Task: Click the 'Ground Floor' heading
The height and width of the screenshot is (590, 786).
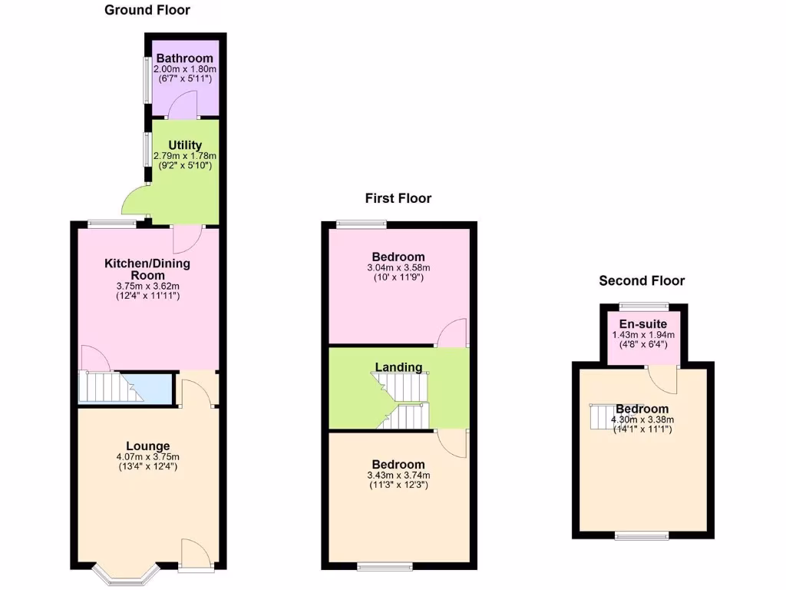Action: (x=147, y=10)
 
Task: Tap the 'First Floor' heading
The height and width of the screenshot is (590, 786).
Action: (x=398, y=198)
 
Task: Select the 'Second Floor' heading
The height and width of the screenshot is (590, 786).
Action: (x=642, y=281)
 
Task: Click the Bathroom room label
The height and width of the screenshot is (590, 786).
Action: (x=184, y=58)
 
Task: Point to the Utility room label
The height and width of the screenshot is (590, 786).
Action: (x=185, y=145)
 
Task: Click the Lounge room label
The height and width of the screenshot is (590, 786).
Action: (x=148, y=446)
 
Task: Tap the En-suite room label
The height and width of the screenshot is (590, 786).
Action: (x=643, y=324)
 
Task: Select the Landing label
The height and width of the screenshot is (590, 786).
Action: (x=398, y=367)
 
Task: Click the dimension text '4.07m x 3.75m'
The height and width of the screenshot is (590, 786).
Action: (x=148, y=457)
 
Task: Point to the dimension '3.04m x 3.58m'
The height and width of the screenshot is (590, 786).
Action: (x=398, y=267)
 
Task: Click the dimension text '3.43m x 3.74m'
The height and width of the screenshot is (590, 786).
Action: (x=398, y=476)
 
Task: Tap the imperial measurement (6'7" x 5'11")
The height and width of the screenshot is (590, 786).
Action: (x=184, y=79)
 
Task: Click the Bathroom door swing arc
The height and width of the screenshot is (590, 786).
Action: (x=183, y=104)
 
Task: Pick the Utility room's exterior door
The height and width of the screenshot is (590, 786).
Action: (x=135, y=201)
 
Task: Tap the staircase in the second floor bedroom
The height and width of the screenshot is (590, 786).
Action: (x=603, y=417)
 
